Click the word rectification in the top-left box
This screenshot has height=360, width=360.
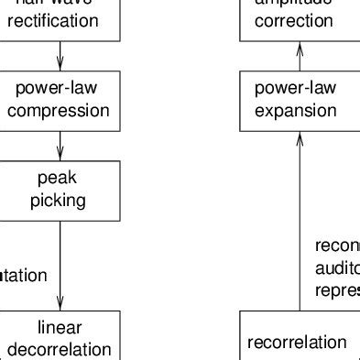pos(60,20)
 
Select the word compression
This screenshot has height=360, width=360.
pos(60,111)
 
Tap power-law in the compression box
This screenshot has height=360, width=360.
pos(60,90)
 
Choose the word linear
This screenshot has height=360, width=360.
pos(60,327)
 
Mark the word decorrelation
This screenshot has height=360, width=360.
pos(60,349)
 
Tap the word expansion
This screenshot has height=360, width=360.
pos(296,111)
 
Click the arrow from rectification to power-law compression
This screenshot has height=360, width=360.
pos(60,57)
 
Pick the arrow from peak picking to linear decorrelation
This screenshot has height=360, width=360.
pos(60,266)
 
